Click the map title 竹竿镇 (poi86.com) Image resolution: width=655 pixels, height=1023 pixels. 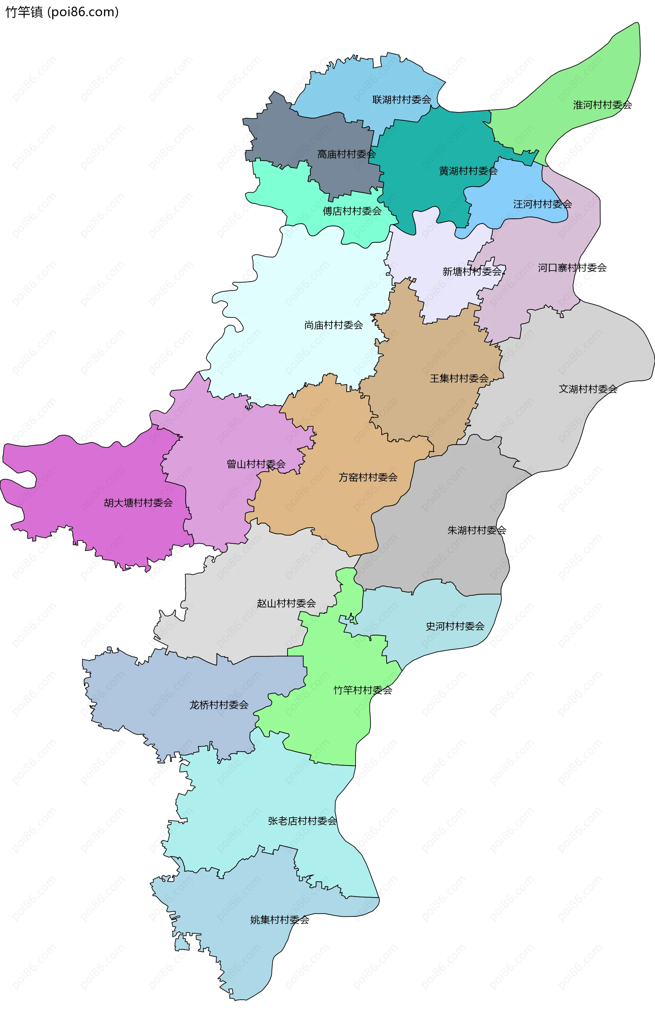pos(62,12)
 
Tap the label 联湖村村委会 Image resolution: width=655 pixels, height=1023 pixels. pos(402,100)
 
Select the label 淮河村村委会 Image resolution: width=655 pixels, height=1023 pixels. pos(602,105)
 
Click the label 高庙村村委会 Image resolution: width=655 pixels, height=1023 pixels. pos(346,154)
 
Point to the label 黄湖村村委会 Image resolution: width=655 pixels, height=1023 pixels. pos(468,171)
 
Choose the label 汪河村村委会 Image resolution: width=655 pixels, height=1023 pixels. pos(542,204)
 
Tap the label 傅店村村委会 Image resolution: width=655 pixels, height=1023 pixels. pos(352,211)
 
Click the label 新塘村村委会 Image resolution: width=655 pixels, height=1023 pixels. pos(472,272)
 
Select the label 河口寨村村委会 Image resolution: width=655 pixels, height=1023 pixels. pos(572,268)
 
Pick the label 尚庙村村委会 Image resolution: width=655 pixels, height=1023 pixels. pos(333,325)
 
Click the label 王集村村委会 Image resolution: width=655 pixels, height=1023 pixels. pos(459,378)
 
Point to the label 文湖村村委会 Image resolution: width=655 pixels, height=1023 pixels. pos(588,389)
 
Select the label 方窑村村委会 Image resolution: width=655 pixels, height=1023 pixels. pos(368,478)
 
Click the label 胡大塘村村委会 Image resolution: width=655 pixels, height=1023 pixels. pos(138,503)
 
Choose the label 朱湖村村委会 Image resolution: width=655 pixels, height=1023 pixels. pos(476,530)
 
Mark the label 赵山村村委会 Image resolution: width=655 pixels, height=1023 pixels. pos(286,603)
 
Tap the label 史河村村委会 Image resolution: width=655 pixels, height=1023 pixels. pos(455,626)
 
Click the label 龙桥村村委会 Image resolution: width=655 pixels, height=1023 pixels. pos(219,705)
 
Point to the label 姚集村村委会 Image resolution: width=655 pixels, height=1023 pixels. pos(279,920)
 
